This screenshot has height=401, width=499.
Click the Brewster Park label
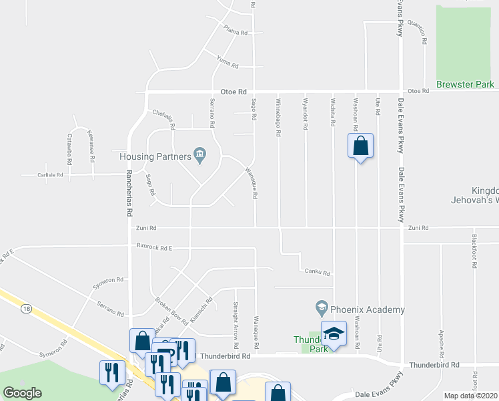[465, 85]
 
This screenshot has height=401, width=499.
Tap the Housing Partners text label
[155, 156]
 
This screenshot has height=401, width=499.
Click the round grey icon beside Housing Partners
[199, 156]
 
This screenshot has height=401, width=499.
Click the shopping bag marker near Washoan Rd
[360, 146]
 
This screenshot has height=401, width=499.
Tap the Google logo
[22, 393]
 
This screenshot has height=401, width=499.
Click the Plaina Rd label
[236, 31]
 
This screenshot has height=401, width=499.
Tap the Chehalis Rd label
[163, 120]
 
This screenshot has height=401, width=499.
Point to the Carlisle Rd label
[50, 175]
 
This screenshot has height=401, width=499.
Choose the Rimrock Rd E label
[154, 248]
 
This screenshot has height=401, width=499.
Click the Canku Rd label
[318, 273]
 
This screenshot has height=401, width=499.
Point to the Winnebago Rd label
[278, 118]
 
